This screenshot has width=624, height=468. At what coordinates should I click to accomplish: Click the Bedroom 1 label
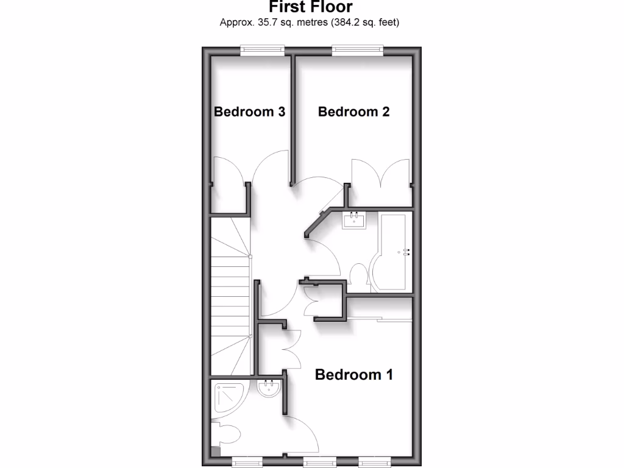353,374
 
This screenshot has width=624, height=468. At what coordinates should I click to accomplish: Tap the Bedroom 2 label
353,112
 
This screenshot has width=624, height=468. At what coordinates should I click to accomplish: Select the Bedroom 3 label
250,112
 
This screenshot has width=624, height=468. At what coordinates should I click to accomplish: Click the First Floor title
310,7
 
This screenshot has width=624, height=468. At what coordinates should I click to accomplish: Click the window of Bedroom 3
262,51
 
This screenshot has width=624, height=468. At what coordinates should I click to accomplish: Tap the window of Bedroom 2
358,51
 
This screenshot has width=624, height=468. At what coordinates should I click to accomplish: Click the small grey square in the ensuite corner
214,452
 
